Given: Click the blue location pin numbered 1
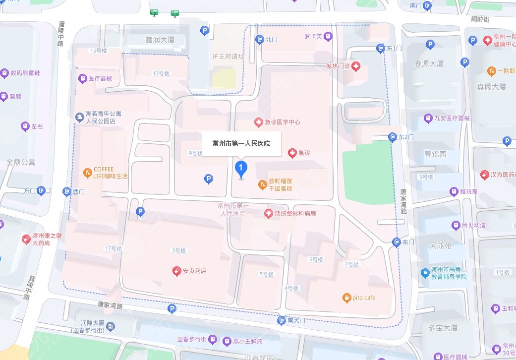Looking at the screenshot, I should [x=241, y=170].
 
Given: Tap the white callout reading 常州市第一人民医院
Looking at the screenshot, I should [x=241, y=144].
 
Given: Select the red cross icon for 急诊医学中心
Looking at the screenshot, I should [x=258, y=122].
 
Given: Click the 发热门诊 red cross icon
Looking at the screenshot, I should [x=356, y=66].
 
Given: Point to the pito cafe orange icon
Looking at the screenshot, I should [x=346, y=298].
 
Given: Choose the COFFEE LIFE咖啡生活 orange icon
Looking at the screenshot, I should [x=87, y=173].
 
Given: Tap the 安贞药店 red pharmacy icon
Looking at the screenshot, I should [x=176, y=271].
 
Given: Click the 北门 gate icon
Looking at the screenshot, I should [x=259, y=39].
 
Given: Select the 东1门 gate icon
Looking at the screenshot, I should [x=380, y=48].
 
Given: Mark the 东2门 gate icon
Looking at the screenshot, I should [x=393, y=136].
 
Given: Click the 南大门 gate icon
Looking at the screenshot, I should [x=282, y=320].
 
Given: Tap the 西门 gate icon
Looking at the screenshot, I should [x=67, y=191].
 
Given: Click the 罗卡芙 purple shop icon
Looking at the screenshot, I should [x=328, y=36].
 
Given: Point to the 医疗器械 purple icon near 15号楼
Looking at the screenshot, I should [x=82, y=78].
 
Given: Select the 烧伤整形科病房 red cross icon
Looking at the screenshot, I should [x=268, y=213].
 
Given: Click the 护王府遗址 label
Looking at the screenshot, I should [x=228, y=57].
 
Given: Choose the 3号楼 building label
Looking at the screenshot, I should [x=178, y=250].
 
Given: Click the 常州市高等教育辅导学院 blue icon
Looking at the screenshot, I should [x=424, y=273].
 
